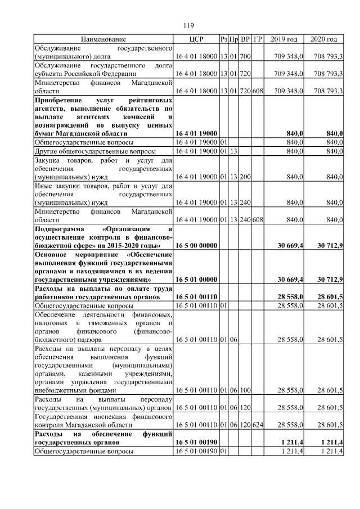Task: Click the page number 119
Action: (189, 25)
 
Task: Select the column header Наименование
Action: (103, 39)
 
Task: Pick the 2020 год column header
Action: (324, 39)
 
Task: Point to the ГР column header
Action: (258, 39)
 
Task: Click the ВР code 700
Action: (245, 57)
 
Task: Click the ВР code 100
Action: (245, 389)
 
